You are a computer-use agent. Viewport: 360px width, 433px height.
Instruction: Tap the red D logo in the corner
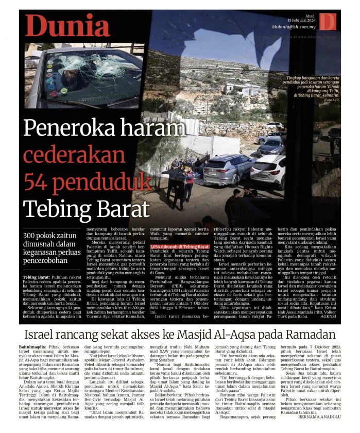pyautogui.click(x=327, y=22)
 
